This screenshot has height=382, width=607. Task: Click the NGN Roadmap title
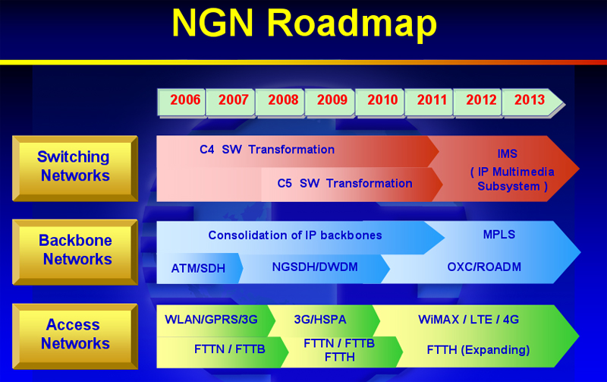point(305,24)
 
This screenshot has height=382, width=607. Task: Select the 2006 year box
point(181,103)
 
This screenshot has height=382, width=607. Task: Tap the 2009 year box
point(330,103)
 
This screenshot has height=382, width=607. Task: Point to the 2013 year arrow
point(533,103)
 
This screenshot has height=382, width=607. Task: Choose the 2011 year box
point(429,103)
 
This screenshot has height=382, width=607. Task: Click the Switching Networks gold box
point(75,169)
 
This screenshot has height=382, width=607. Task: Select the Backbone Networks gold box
point(75,252)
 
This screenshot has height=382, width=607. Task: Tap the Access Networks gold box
point(75,336)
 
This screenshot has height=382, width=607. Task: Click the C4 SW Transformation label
point(267,150)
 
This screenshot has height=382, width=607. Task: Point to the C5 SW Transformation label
point(344,183)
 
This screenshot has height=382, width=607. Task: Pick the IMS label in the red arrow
point(507,154)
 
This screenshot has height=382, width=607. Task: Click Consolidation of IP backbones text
point(295,235)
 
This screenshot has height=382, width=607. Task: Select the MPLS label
point(499,235)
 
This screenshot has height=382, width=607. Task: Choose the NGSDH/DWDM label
point(315,267)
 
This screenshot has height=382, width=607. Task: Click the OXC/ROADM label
point(484,267)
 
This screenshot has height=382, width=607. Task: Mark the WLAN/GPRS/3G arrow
point(215,320)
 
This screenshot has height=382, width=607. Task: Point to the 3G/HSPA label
point(320,320)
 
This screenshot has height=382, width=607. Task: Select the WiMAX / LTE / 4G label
point(468,320)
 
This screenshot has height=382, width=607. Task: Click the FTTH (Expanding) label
point(478,350)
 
